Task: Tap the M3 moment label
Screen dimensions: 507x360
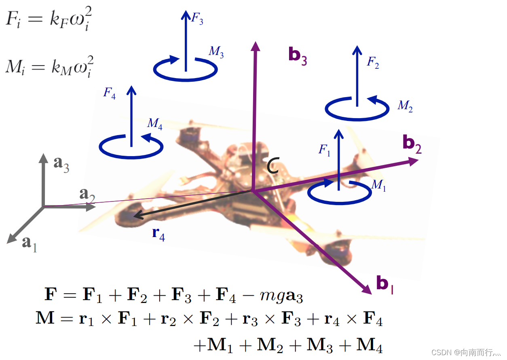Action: coord(216,52)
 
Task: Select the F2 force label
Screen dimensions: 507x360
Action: coord(373,63)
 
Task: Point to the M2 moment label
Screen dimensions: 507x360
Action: coord(405,106)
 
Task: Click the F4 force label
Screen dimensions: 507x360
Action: coord(110,93)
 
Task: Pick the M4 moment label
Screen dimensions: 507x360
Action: coord(155,124)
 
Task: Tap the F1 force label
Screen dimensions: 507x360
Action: coord(325,150)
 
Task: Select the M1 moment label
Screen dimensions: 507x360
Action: coord(378,185)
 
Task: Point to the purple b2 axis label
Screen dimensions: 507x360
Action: coord(412,144)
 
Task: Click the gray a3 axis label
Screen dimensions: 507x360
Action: coord(61,163)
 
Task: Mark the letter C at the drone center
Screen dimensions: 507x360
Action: coord(273,166)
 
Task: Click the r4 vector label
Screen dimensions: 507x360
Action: coord(158,234)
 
